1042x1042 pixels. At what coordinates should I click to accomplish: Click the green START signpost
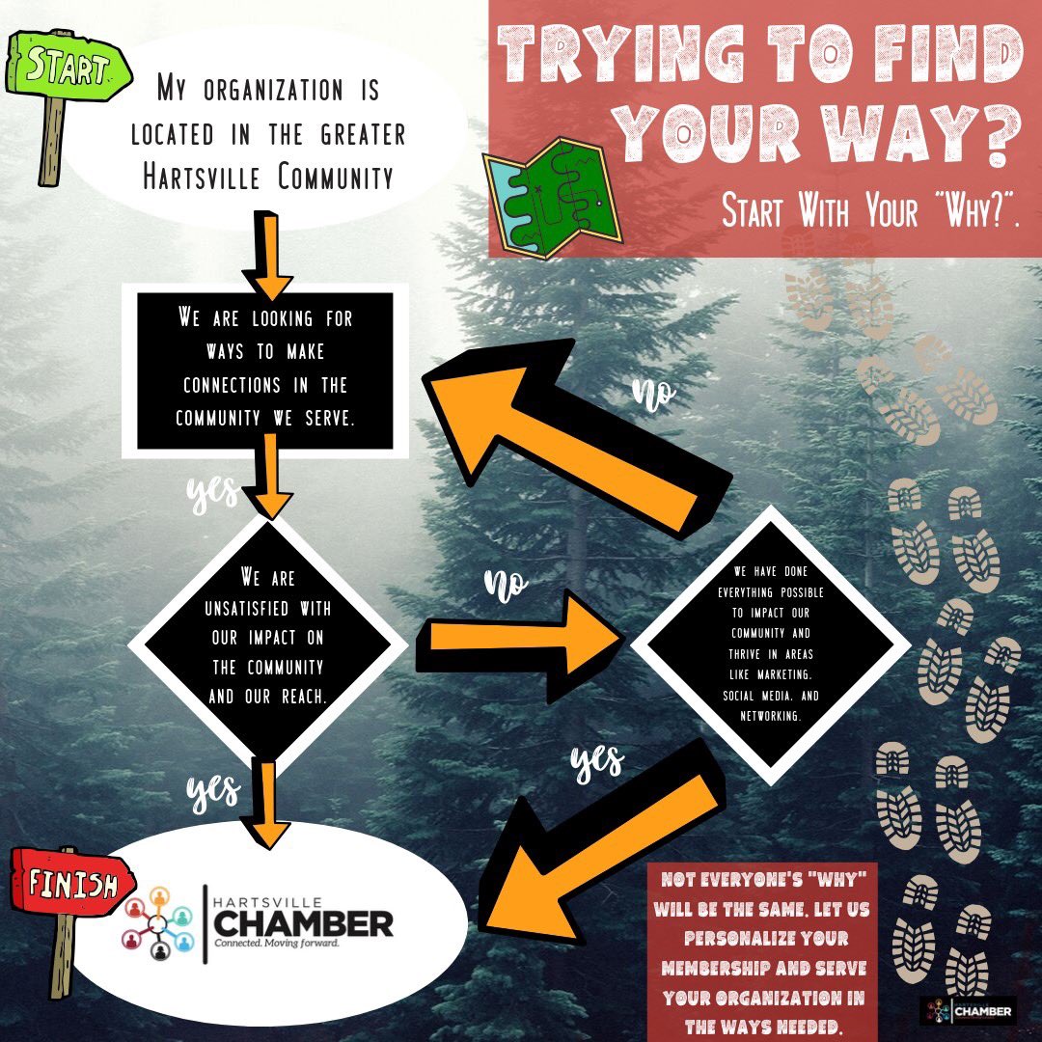tap(67, 69)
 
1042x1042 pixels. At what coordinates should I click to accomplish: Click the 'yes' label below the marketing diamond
tap(596, 761)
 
